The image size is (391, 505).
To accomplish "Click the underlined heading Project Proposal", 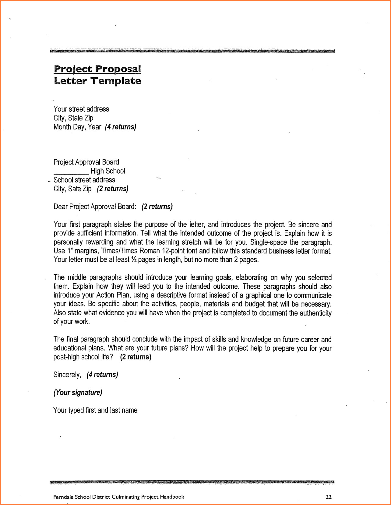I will pos(97,69).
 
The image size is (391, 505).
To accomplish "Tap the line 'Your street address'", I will pos(81,109).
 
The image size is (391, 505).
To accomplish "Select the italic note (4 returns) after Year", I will pos(121,127).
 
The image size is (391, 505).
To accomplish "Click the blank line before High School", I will pos(71,171).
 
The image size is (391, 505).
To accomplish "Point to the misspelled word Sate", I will pos(74,189).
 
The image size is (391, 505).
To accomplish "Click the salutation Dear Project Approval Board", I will pos(95,207).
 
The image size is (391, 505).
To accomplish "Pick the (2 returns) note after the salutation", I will pos(157,207).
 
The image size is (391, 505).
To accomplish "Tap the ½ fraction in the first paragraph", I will pos(134,260).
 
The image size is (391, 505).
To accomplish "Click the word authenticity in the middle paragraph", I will pos(315,313).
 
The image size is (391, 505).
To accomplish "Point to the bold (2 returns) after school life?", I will pos(136,357).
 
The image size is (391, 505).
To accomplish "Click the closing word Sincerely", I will pos(67,375).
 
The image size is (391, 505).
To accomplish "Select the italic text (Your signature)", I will pos(78,392).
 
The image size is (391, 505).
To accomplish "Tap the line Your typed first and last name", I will pos(95,410).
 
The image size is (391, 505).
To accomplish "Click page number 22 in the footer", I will pos(328,497).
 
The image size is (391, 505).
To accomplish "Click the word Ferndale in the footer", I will pos(63,497).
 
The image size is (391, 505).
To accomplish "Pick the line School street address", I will pos(84,180).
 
